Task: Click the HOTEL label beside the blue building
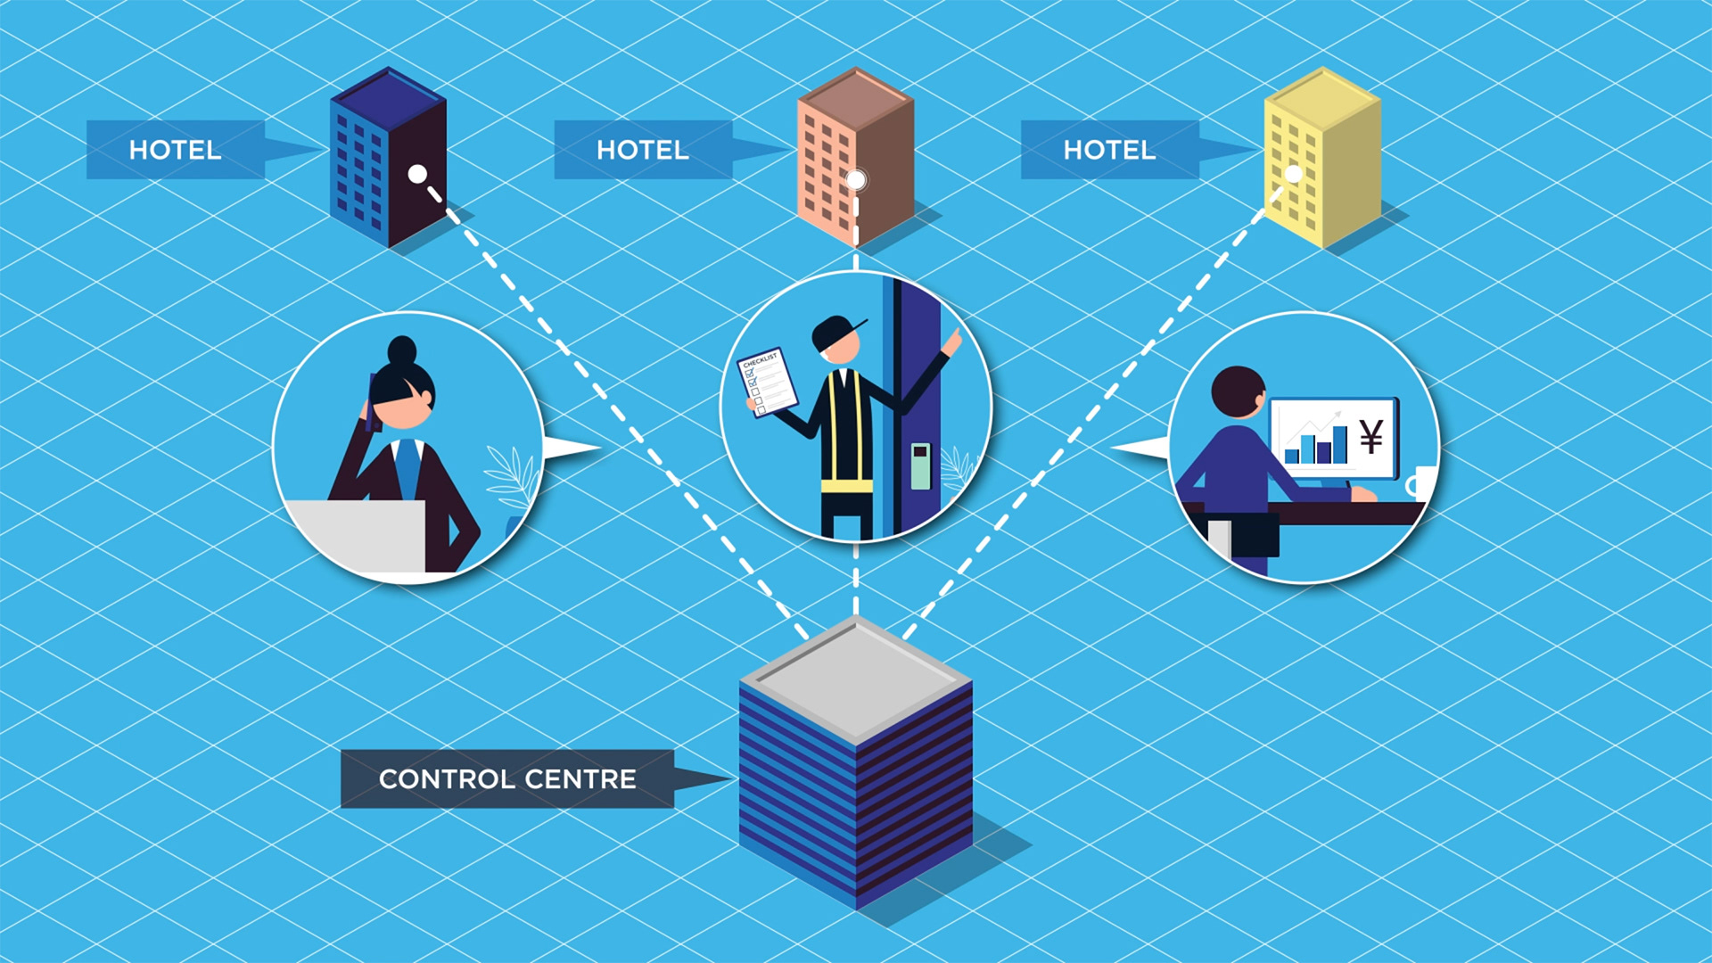[175, 150]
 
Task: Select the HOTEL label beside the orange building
[642, 150]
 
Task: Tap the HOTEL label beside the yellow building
[1109, 150]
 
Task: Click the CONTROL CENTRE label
[506, 778]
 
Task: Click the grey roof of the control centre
[856, 678]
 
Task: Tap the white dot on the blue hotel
[417, 174]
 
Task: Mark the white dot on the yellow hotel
[1294, 174]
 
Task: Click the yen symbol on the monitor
[1371, 436]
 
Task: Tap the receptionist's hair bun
[402, 350]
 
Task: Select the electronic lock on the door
[920, 465]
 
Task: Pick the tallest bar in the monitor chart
[1339, 443]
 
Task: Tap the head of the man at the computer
[1237, 391]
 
